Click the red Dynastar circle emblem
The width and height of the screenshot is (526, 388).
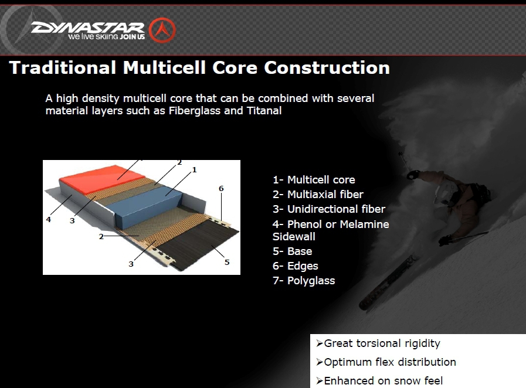click(162, 30)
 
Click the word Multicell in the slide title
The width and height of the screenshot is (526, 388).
click(164, 67)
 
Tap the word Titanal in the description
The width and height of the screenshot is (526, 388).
click(264, 111)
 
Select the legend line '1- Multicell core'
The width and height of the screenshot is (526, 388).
click(314, 180)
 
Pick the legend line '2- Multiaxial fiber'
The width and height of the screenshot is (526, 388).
click(318, 195)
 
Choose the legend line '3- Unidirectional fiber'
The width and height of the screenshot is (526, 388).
click(329, 209)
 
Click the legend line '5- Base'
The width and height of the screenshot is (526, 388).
click(292, 251)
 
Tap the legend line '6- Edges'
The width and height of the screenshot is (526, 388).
click(295, 266)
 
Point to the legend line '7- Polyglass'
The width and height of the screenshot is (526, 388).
click(304, 281)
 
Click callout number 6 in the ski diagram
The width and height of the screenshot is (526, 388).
click(221, 189)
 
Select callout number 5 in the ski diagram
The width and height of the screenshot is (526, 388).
click(227, 262)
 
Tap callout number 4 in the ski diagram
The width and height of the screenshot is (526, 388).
click(49, 219)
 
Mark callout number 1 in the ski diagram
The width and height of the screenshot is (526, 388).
click(194, 170)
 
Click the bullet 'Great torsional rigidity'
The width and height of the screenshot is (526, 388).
click(378, 343)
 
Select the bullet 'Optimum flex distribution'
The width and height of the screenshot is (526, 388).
click(386, 362)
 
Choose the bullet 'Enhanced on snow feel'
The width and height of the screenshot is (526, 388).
click(379, 381)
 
